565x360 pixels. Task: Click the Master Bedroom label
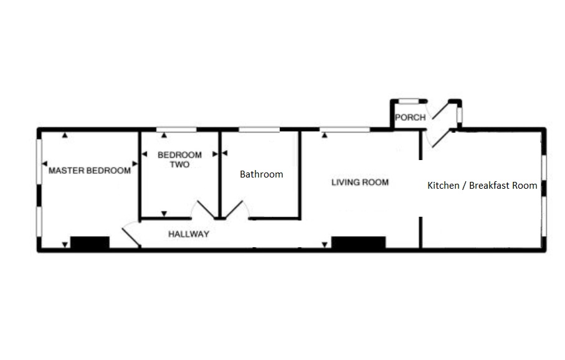click(x=90, y=171)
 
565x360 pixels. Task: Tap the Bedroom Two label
click(x=179, y=159)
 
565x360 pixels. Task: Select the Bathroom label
click(x=262, y=174)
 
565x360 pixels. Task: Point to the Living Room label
click(x=360, y=182)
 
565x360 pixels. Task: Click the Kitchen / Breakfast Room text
click(x=482, y=185)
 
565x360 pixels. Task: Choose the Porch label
click(x=411, y=117)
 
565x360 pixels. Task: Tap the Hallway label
click(x=189, y=235)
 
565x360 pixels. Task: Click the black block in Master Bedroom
click(x=90, y=243)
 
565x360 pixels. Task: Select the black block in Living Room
click(x=358, y=243)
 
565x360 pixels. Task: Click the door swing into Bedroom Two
click(x=202, y=210)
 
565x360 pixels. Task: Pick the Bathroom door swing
click(x=237, y=210)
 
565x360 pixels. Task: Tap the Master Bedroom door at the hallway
click(x=130, y=234)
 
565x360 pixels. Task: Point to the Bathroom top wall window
click(x=259, y=130)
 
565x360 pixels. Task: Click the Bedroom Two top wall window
click(x=176, y=130)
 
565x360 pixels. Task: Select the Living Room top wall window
click(x=344, y=130)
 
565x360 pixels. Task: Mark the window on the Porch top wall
click(x=409, y=100)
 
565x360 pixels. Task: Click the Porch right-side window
click(x=460, y=115)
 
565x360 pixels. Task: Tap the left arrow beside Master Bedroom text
click(x=44, y=164)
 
